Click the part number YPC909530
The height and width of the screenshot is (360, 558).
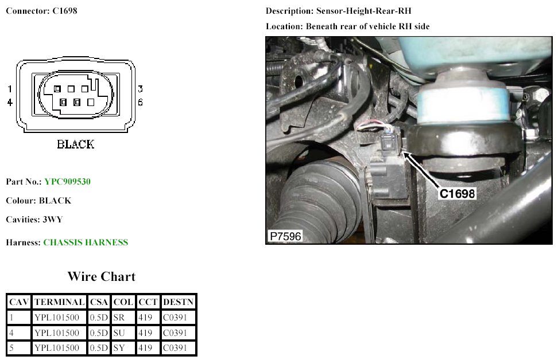pyautogui.click(x=67, y=182)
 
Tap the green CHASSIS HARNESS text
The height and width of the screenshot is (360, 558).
pyautogui.click(x=86, y=242)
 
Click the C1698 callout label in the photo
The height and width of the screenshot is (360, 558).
pyautogui.click(x=457, y=194)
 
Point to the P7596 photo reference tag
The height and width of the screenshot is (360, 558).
pyautogui.click(x=285, y=236)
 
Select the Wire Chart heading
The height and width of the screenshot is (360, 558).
pyautogui.click(x=102, y=276)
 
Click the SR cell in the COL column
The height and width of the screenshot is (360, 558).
pyautogui.click(x=119, y=318)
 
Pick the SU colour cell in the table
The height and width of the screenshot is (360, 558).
pyautogui.click(x=119, y=333)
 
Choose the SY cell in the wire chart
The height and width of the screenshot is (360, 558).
pyautogui.click(x=119, y=348)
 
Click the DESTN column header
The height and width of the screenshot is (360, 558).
pyautogui.click(x=179, y=302)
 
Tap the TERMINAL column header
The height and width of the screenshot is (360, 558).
pyautogui.click(x=60, y=302)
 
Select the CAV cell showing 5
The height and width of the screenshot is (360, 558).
pyautogui.click(x=11, y=348)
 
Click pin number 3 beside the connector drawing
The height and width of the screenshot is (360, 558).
pyautogui.click(x=140, y=89)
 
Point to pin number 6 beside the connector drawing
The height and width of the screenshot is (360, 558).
pyautogui.click(x=140, y=103)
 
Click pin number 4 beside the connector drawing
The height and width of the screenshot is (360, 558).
pyautogui.click(x=10, y=103)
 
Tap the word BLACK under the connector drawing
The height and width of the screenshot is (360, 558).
pyautogui.click(x=75, y=144)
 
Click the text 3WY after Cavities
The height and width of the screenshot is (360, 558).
pyautogui.click(x=53, y=220)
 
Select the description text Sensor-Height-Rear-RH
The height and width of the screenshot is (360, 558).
pyautogui.click(x=364, y=11)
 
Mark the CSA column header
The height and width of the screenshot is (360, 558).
pyautogui.click(x=99, y=302)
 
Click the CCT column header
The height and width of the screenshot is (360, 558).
pyautogui.click(x=148, y=302)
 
